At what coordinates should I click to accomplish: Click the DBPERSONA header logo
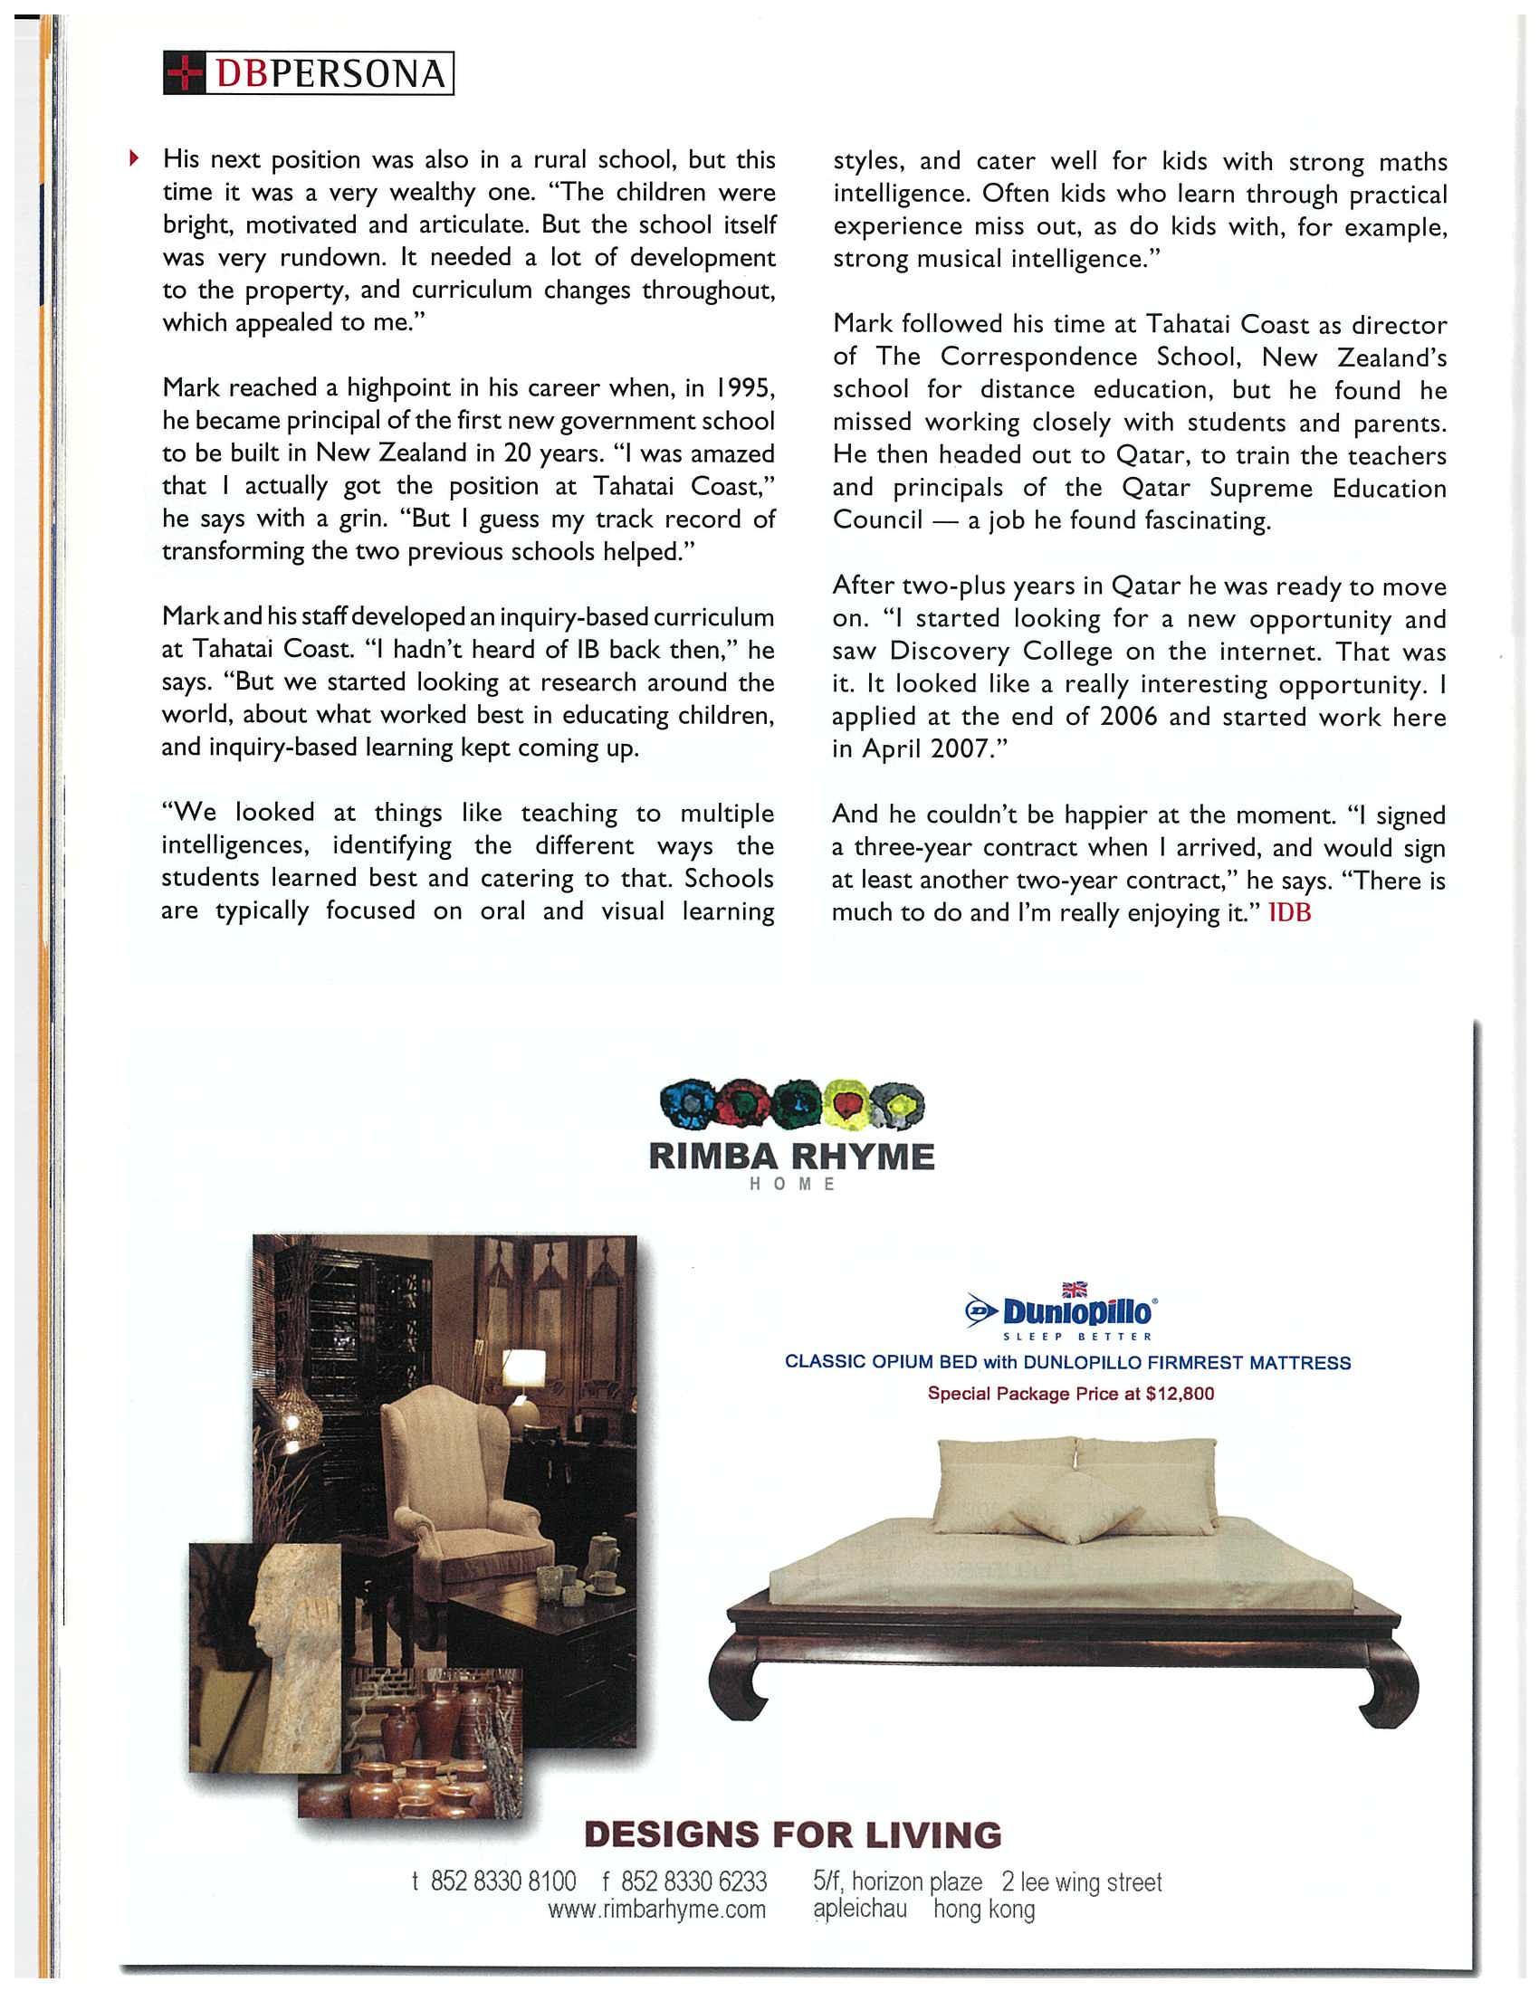tap(308, 74)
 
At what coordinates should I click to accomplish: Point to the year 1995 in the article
tap(743, 388)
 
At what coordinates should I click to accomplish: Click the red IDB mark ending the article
tap(1289, 912)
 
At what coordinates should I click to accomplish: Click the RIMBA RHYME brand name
tap(791, 1157)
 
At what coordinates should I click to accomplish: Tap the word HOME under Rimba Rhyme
tap(791, 1185)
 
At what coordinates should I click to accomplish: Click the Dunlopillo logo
tap(1061, 1313)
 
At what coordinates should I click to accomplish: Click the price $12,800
tap(1180, 1394)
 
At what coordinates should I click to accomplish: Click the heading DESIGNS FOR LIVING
tap(791, 1835)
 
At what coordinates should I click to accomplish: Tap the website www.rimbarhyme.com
tap(656, 1910)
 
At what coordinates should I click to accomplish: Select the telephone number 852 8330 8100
tap(503, 1881)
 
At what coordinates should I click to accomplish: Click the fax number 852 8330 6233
tap(693, 1881)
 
